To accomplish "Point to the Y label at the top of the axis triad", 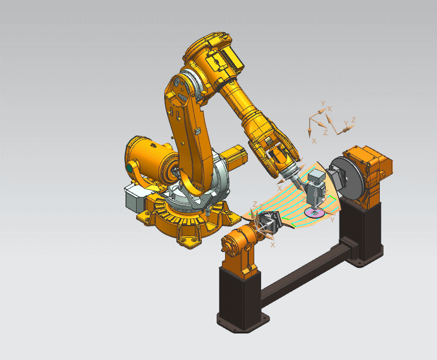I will click(323, 102).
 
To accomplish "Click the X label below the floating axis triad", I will click(314, 141).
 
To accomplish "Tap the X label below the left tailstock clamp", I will click(273, 245).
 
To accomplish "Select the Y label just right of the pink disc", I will click(332, 219).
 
